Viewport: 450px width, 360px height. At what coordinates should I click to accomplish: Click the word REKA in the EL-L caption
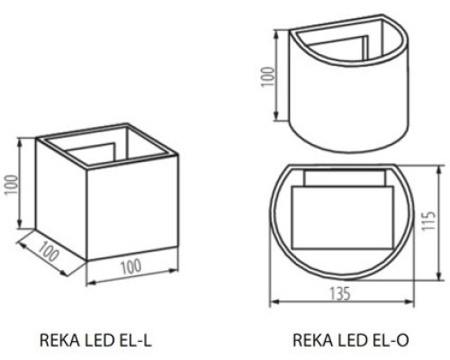(x=57, y=340)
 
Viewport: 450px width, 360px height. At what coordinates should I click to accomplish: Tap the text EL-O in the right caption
(x=392, y=340)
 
